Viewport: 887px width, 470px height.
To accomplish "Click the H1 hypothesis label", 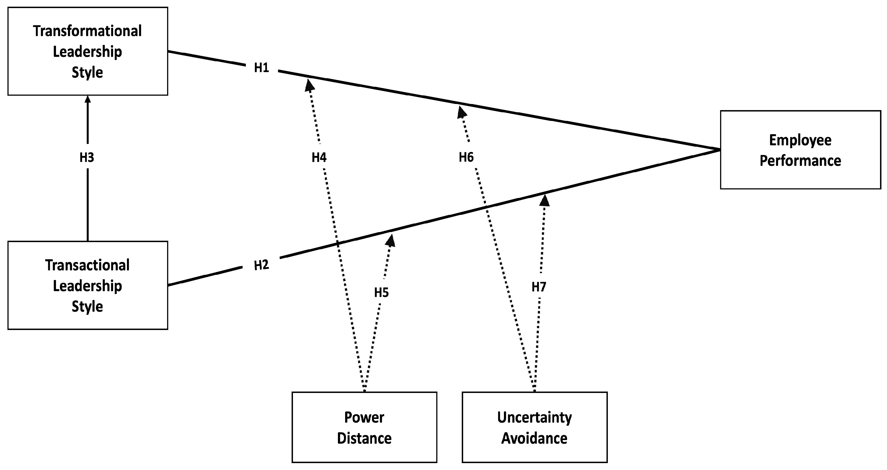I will (x=261, y=68).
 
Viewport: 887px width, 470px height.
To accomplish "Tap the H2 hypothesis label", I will (x=261, y=265).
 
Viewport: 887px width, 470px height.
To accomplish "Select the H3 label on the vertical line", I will (x=87, y=157).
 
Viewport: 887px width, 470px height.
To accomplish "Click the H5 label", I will (x=381, y=293).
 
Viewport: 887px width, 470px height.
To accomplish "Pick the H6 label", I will (x=466, y=157).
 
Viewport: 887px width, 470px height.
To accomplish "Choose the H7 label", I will (x=539, y=287).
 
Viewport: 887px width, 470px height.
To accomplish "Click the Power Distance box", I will (x=364, y=427).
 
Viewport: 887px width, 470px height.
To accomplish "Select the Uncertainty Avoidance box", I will (x=534, y=427).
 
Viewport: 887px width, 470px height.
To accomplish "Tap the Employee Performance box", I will (x=800, y=150).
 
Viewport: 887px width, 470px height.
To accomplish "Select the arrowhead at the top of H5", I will (x=391, y=240).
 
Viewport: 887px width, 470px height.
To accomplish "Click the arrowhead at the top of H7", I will (x=544, y=200).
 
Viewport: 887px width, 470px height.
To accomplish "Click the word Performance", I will (x=800, y=161).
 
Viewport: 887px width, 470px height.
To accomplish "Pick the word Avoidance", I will (x=534, y=438).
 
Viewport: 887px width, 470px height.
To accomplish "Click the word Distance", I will (x=364, y=438).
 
